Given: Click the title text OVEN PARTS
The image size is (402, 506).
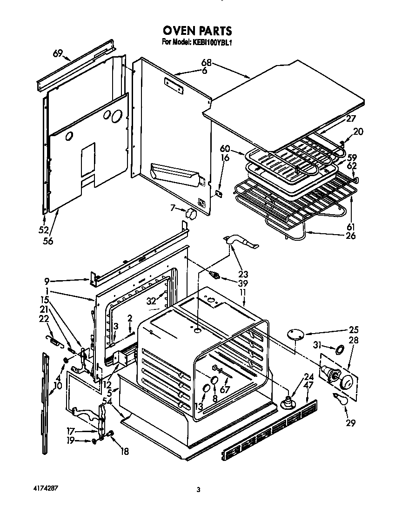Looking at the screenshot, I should [x=197, y=31].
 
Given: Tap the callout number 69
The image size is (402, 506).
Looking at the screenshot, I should [x=58, y=53].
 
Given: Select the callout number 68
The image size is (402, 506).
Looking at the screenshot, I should [x=206, y=63].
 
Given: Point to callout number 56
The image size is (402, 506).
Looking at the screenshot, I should [x=48, y=241].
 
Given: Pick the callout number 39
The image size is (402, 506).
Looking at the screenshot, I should [x=242, y=283].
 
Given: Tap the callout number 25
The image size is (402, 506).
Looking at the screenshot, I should [x=354, y=330].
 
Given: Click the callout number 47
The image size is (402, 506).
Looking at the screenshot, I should [x=308, y=385].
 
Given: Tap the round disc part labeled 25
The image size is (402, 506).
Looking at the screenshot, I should [x=294, y=334].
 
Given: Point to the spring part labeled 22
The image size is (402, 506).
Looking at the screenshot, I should [x=54, y=342].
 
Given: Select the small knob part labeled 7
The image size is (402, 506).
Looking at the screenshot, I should [x=190, y=214].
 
